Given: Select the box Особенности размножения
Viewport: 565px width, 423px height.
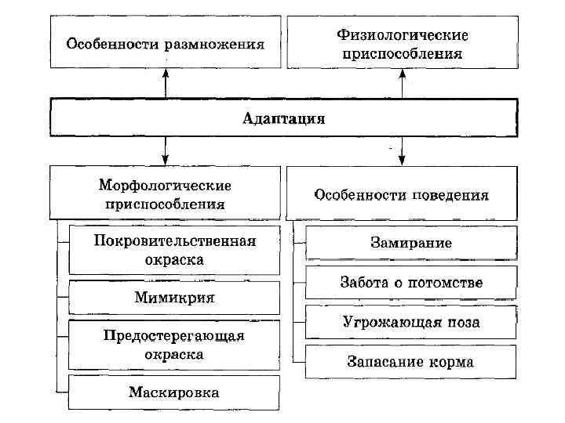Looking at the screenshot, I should (165, 43).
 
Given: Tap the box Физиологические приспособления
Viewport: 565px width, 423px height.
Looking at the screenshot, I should (402, 43).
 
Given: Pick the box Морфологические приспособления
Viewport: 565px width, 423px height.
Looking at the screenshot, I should (165, 193).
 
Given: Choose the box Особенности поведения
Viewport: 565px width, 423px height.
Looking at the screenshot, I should (402, 193).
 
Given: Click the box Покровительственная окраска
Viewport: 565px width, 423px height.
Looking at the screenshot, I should (174, 249).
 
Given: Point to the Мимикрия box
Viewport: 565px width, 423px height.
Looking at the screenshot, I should (174, 298).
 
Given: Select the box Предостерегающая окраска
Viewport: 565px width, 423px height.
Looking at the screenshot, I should (174, 344).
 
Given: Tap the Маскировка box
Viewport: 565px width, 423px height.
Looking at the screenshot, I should (174, 392).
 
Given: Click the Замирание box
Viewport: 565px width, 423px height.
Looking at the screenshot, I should (411, 242).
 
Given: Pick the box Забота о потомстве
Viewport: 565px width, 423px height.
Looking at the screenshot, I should (411, 282).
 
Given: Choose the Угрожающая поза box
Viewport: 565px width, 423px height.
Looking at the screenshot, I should (411, 322).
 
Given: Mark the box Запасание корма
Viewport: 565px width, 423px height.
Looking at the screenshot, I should (411, 362).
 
